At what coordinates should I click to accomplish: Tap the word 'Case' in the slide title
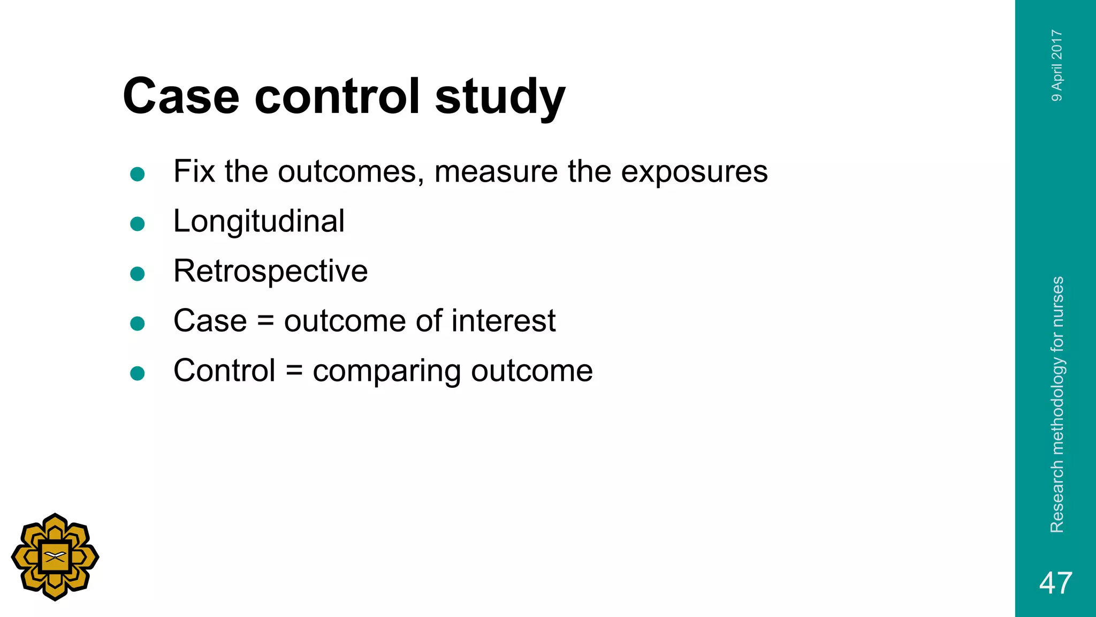[181, 96]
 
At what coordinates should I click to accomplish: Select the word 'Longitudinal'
[259, 221]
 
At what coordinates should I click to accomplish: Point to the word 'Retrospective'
[270, 271]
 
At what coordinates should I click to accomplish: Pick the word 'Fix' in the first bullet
[194, 171]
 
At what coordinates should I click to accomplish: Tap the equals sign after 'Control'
[294, 371]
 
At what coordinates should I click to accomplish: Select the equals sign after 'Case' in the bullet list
[265, 321]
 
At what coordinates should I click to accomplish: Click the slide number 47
[1055, 583]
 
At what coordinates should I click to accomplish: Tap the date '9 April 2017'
[1056, 65]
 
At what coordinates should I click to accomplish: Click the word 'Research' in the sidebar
[1057, 498]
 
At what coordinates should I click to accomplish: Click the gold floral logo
[55, 557]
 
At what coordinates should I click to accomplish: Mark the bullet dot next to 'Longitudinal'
[138, 224]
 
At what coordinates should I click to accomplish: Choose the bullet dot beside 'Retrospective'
[138, 274]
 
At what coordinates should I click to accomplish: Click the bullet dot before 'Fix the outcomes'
[138, 174]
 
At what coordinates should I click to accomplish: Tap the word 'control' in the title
[337, 96]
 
